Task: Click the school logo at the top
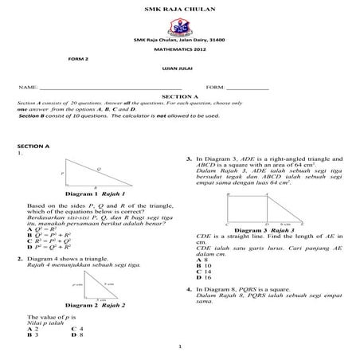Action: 180,25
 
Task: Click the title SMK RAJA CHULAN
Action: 179,7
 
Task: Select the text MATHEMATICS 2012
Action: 179,50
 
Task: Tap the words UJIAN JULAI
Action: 179,68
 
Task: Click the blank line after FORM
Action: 248,87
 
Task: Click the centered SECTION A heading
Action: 179,96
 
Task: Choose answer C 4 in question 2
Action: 76,329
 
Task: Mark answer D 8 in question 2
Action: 76,335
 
